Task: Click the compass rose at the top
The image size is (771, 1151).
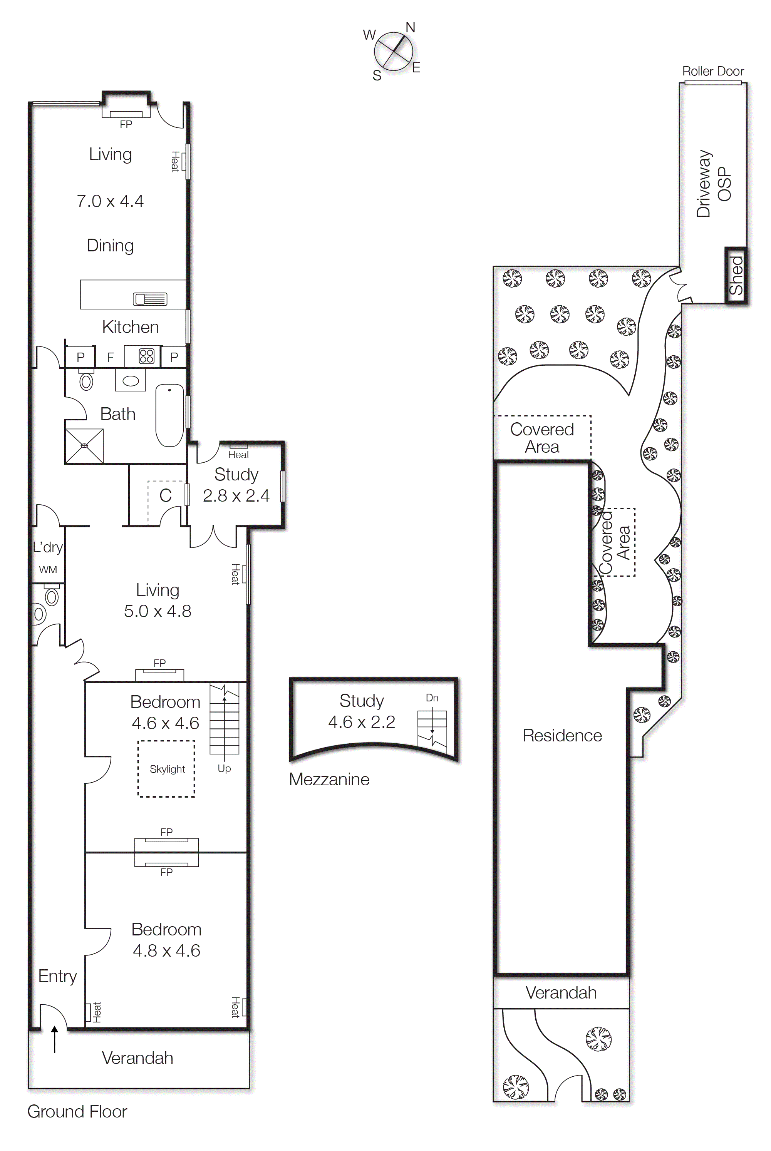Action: tap(393, 50)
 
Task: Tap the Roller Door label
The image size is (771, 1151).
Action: tap(712, 71)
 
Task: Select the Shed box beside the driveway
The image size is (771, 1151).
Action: tap(736, 275)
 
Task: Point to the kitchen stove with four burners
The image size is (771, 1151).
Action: tap(146, 356)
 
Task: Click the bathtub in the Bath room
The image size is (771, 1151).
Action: tap(169, 415)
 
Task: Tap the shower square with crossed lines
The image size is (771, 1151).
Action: tap(85, 446)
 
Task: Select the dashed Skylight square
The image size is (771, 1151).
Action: tap(167, 769)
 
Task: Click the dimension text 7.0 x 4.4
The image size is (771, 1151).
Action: tap(110, 201)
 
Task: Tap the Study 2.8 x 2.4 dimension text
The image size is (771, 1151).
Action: tap(236, 496)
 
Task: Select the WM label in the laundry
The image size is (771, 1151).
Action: tap(48, 570)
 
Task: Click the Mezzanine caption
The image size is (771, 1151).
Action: tap(329, 780)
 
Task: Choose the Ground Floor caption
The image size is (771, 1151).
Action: tap(77, 1112)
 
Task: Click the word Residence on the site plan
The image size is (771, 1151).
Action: tap(562, 736)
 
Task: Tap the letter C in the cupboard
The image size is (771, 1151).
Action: tap(165, 495)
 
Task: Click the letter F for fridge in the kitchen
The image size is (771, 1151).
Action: tap(110, 357)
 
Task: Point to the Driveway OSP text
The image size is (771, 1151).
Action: tap(714, 184)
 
